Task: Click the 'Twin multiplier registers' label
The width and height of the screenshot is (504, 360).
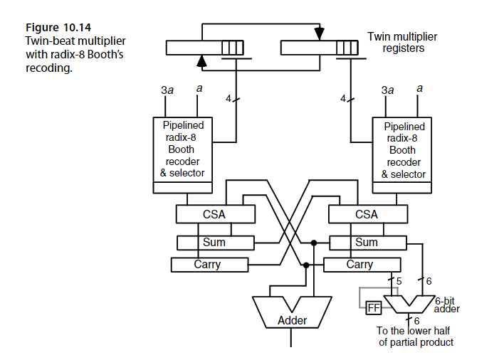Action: pyautogui.click(x=403, y=42)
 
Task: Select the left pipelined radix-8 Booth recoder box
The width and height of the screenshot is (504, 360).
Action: pyautogui.click(x=183, y=149)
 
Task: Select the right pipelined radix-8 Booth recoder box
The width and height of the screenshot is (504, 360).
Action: pyautogui.click(x=402, y=149)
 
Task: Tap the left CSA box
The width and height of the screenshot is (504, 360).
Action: pyautogui.click(x=214, y=214)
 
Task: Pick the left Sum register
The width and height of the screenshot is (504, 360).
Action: pyautogui.click(x=214, y=242)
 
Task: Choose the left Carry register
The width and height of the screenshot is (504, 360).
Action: pyautogui.click(x=208, y=265)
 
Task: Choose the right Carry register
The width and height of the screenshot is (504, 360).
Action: pyautogui.click(x=359, y=265)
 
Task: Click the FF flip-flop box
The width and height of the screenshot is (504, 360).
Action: pyautogui.click(x=373, y=309)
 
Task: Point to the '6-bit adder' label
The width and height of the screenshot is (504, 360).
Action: pyautogui.click(x=447, y=305)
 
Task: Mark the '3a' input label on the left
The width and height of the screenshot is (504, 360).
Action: pyautogui.click(x=167, y=90)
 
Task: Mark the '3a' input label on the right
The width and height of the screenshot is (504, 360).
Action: pyautogui.click(x=388, y=90)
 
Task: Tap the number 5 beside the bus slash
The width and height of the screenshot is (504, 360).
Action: pyautogui.click(x=399, y=281)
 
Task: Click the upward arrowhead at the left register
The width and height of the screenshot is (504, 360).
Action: pyautogui.click(x=201, y=63)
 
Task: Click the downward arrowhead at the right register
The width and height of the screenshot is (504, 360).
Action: pyautogui.click(x=319, y=33)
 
